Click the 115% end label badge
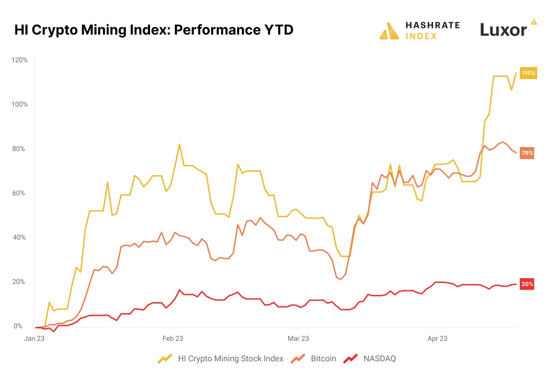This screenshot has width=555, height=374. [528, 73]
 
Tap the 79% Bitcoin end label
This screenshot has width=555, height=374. [527, 153]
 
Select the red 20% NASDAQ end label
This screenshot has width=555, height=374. [527, 284]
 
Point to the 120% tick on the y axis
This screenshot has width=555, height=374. [19, 60]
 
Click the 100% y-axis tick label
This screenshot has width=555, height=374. [19, 104]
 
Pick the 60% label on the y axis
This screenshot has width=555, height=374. [19, 193]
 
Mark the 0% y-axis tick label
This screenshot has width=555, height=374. [18, 326]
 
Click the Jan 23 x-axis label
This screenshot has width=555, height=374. [34, 338]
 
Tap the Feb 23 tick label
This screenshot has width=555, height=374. [173, 338]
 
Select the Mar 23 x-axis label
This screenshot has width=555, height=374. [298, 338]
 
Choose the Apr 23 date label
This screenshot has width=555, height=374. [437, 338]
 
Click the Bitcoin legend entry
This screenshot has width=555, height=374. [323, 359]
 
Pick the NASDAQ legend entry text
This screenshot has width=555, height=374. [379, 359]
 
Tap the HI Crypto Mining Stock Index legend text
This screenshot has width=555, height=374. [230, 359]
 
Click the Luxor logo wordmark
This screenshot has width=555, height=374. [503, 30]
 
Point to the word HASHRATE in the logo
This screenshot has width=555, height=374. [433, 25]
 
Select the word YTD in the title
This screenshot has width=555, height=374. [279, 30]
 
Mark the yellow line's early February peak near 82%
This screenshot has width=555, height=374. [179, 144]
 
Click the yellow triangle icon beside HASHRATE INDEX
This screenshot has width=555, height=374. [389, 31]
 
